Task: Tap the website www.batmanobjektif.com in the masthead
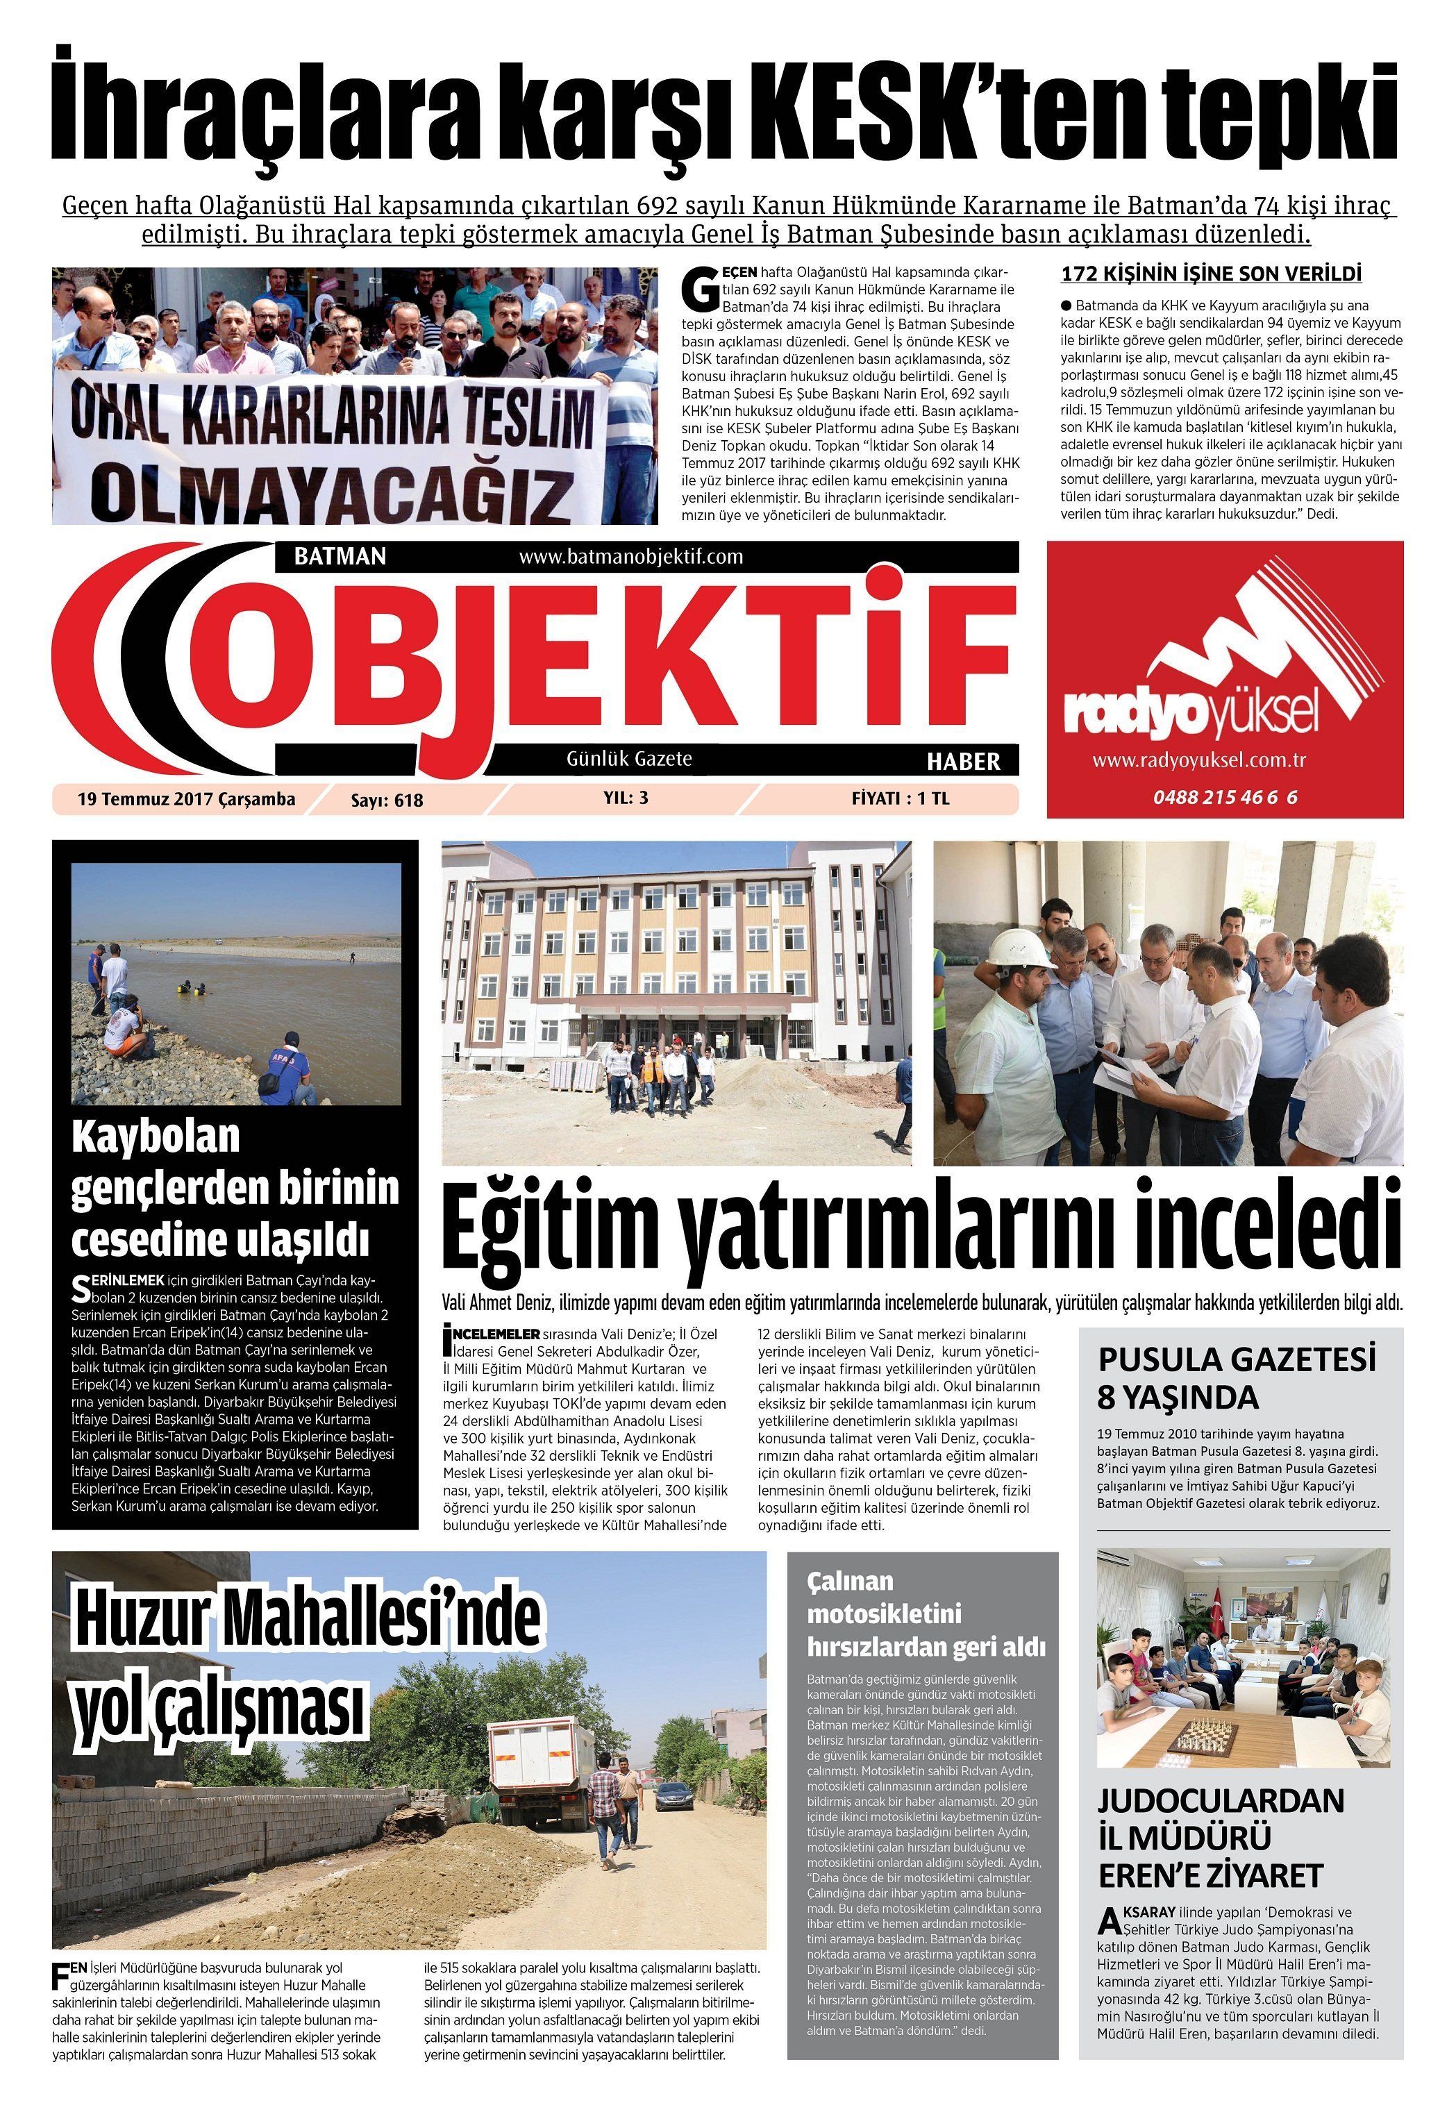(x=630, y=555)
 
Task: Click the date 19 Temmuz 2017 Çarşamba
(x=187, y=799)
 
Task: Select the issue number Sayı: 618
(x=387, y=800)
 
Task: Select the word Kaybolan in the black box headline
(x=156, y=1137)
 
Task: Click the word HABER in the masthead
(x=962, y=761)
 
